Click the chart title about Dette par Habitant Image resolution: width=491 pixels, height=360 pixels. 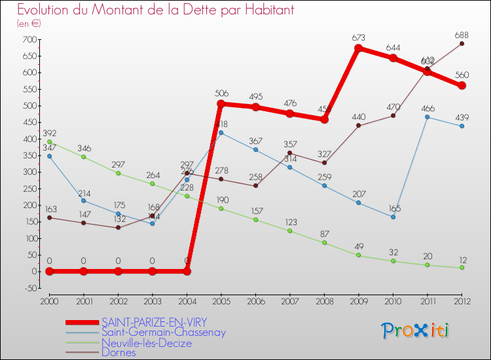[x=155, y=10]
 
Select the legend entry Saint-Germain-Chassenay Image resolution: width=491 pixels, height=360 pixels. [x=164, y=333]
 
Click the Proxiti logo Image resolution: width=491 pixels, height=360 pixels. [x=416, y=331]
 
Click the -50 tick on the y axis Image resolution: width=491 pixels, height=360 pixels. [x=28, y=288]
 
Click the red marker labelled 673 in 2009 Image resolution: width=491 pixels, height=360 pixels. [x=359, y=48]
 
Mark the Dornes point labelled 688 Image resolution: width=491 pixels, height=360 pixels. [x=462, y=44]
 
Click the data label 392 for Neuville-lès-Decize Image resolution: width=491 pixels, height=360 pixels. [x=50, y=133]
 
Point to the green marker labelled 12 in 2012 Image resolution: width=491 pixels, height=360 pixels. [x=462, y=267]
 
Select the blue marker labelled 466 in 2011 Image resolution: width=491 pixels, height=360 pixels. [x=427, y=117]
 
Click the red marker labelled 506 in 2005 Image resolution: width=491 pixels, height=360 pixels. [x=221, y=103]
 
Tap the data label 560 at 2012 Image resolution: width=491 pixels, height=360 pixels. [x=462, y=74]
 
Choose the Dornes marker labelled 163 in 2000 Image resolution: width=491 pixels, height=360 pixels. [x=49, y=217]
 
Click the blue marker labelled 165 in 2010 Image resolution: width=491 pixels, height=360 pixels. [x=393, y=217]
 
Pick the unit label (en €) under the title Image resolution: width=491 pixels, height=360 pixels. [x=29, y=24]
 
